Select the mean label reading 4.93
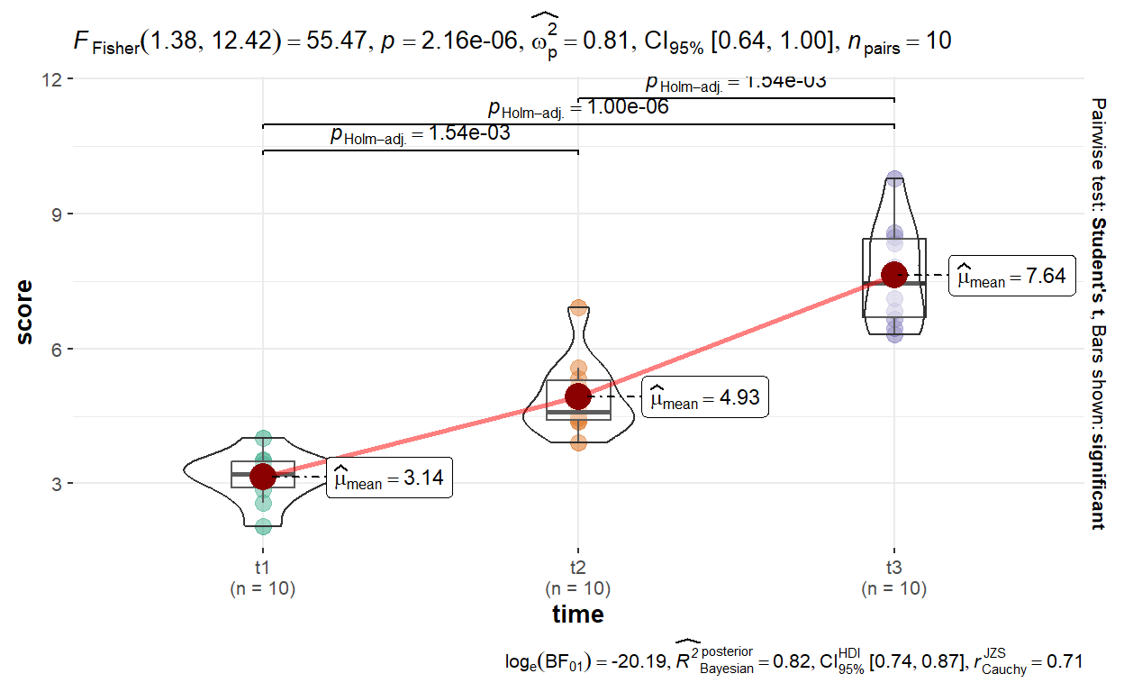705,398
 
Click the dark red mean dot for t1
263,476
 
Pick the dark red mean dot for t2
578,396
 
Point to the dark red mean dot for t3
893,274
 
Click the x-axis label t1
263,569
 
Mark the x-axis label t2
578,569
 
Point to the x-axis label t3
893,569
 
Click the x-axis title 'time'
578,615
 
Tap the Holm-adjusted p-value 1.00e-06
628,107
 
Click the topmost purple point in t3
893,178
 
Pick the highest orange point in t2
578,308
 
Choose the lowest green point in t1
263,525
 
